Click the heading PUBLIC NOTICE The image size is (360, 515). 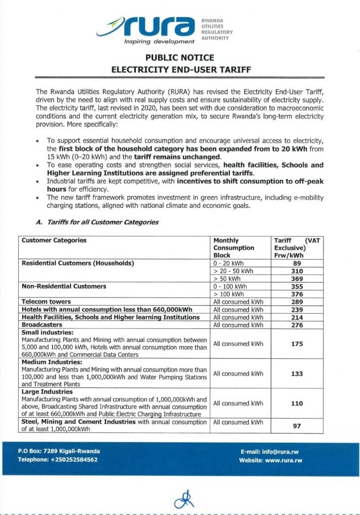coord(179,58)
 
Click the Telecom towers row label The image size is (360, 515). coord(44,302)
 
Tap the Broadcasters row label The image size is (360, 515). coord(42,324)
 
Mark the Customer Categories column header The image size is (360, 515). coord(54,240)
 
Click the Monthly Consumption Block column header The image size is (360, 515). coord(234,248)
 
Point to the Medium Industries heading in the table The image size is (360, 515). coord(52,362)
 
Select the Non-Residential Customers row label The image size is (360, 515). coord(64,286)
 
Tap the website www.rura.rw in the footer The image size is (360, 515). coord(283,460)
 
